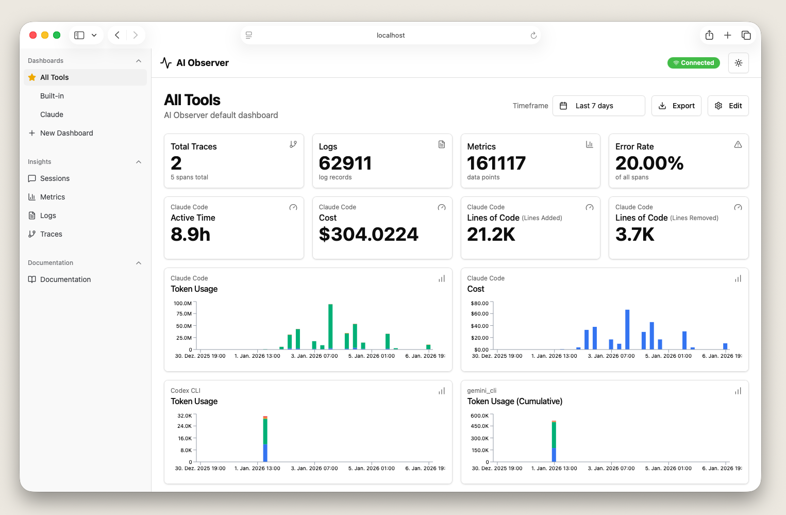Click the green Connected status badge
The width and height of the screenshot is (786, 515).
(693, 63)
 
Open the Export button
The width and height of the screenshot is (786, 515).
(676, 106)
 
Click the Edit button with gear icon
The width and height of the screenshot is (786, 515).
(728, 106)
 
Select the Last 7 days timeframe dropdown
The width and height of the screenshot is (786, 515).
(598, 106)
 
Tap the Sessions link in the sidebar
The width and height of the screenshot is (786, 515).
(55, 178)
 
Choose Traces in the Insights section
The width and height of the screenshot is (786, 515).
(51, 234)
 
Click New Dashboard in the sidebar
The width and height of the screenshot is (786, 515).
(66, 133)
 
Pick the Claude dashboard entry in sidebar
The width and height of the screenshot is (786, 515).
(52, 114)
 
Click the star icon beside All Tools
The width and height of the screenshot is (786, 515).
(32, 77)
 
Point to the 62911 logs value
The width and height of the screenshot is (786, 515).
(345, 163)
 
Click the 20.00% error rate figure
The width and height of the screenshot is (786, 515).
(649, 163)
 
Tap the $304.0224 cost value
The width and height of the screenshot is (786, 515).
(369, 235)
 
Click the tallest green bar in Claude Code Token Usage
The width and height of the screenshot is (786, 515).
(330, 326)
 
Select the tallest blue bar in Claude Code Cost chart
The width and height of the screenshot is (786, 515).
(627, 329)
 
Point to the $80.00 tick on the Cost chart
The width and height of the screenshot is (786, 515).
(479, 303)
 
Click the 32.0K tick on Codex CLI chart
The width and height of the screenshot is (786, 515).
(185, 416)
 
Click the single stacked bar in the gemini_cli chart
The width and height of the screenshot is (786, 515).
(554, 441)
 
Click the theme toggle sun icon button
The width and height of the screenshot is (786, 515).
(738, 63)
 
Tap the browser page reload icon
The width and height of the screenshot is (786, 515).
(533, 36)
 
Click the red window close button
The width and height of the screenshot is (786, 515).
(33, 35)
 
